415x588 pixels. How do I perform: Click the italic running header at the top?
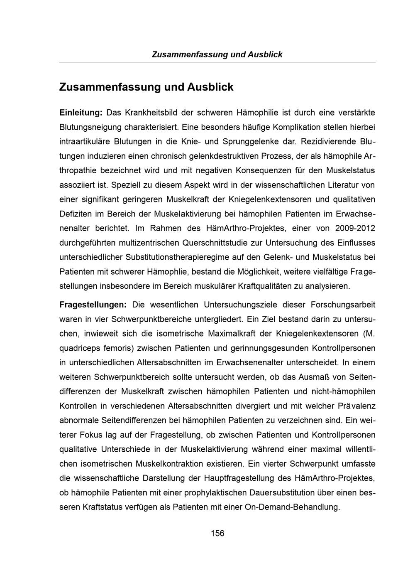click(x=217, y=54)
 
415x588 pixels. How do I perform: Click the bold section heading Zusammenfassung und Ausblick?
click(x=146, y=87)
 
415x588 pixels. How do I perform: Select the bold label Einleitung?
click(x=81, y=113)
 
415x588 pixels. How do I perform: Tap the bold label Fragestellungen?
click(x=93, y=305)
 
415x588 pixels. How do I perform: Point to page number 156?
click(x=217, y=533)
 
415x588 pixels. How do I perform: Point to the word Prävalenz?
click(x=356, y=406)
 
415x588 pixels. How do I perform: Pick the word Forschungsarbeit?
click(x=342, y=305)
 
